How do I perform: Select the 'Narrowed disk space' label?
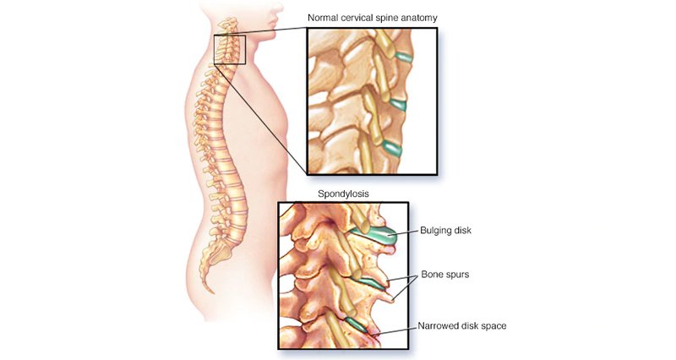click(461, 326)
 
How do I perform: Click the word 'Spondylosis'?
click(341, 194)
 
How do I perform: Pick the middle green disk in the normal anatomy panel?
click(396, 106)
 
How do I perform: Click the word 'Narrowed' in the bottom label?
click(439, 326)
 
